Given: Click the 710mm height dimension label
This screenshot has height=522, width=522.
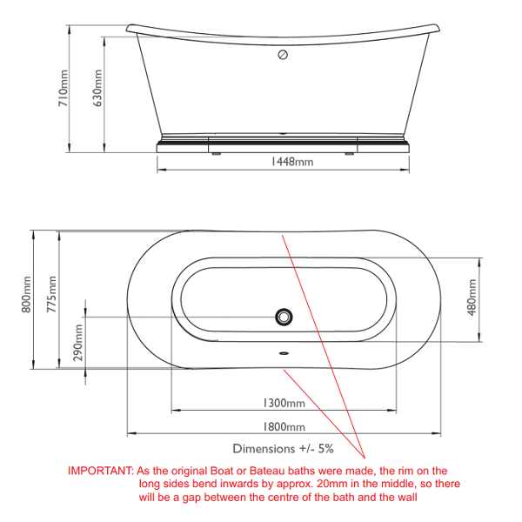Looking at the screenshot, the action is [64, 88].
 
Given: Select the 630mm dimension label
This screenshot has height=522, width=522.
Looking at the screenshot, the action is [97, 88].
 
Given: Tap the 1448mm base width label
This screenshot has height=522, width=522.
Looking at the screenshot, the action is [291, 162].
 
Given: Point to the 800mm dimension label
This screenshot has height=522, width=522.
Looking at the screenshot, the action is [26, 294].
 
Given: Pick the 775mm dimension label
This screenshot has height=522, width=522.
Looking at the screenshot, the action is [51, 294].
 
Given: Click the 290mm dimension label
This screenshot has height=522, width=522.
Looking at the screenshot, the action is [78, 343].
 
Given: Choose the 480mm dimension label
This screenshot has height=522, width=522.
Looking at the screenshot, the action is [472, 298].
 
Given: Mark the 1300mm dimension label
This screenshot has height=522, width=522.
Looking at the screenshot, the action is [284, 403].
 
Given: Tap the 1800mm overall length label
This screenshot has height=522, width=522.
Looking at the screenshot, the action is [284, 427].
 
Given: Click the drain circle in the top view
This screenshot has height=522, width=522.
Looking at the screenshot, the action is [284, 317].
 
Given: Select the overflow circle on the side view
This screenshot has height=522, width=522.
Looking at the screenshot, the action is [283, 55].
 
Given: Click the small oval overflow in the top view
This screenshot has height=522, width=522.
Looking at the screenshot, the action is [284, 353].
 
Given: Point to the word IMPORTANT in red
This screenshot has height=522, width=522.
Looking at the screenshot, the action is [101, 471].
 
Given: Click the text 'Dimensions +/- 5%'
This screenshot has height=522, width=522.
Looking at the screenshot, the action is [284, 449].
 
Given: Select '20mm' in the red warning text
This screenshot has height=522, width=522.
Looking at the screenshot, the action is [331, 484].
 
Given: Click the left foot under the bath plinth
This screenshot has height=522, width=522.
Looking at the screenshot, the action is [217, 154].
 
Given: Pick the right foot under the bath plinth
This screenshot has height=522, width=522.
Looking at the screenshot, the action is [349, 154].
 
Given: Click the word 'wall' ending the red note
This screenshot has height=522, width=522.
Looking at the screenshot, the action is [407, 497].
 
